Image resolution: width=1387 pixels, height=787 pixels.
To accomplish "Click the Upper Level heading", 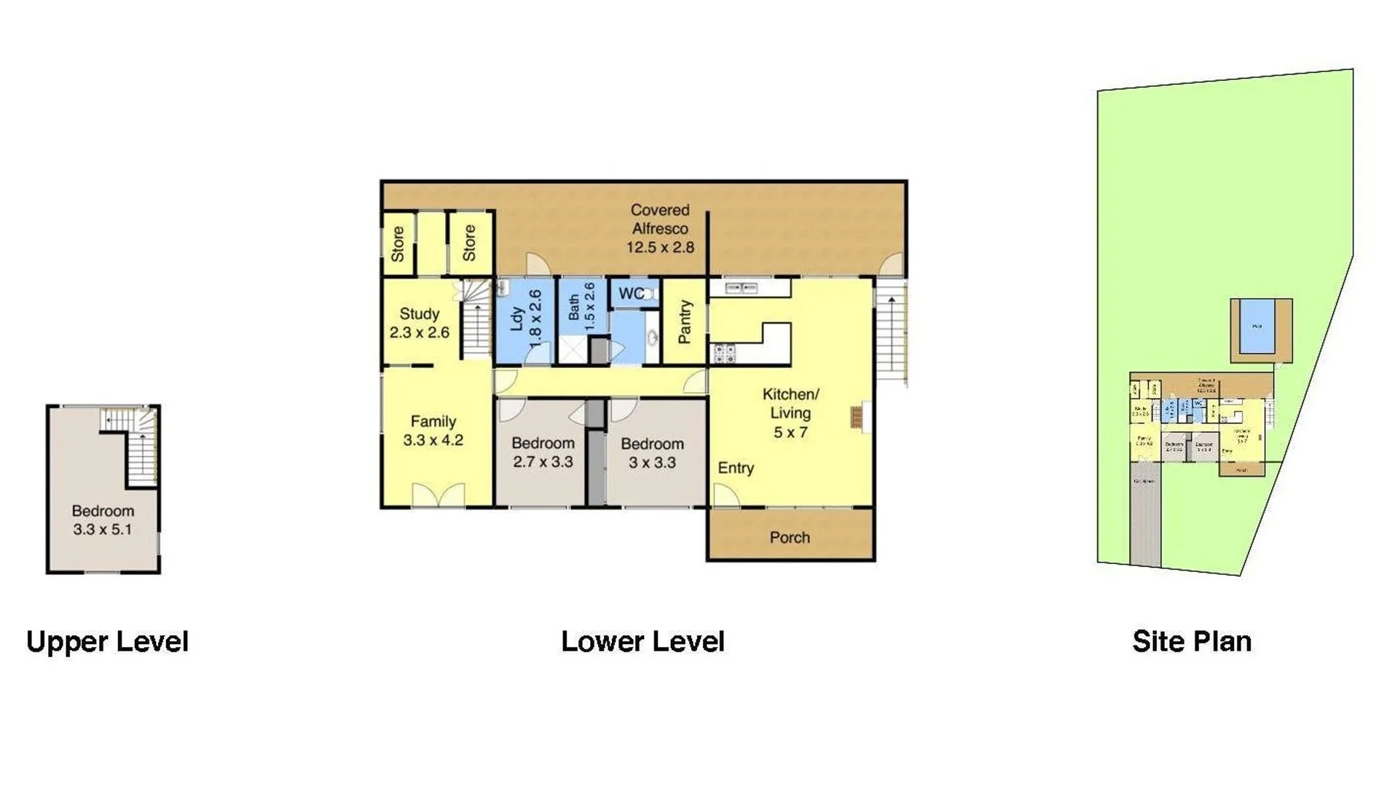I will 107,642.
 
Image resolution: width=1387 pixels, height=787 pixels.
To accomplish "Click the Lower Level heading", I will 643,642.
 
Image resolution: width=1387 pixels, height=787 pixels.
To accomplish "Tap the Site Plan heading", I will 1192,641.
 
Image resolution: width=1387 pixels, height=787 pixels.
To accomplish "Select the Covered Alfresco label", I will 660,229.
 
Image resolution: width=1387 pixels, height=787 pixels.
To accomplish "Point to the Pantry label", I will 685,322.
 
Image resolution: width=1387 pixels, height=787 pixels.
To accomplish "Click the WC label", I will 631,294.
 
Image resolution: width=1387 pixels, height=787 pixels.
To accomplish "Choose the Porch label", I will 790,538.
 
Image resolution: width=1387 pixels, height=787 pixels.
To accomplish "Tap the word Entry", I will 736,468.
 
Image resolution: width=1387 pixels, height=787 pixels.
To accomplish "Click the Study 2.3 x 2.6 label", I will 420,323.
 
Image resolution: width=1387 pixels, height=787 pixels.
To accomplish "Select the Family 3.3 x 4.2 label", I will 433,431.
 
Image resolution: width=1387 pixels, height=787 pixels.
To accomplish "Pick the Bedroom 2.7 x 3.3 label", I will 543,453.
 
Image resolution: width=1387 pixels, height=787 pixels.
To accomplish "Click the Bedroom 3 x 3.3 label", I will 652,453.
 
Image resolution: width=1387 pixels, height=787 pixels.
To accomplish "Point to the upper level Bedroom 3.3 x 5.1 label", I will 103,520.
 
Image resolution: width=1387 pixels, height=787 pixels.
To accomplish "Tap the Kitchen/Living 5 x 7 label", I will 790,413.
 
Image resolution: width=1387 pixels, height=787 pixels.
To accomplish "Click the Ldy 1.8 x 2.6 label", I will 526,318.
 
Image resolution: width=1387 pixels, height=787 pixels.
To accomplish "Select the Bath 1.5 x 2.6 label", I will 581,307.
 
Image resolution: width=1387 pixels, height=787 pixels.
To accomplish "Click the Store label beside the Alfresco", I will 469,243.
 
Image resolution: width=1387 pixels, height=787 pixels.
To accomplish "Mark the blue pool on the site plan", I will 1257,327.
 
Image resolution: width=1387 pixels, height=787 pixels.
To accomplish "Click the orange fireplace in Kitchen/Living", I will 857,418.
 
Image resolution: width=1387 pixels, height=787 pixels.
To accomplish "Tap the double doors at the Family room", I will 439,496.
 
